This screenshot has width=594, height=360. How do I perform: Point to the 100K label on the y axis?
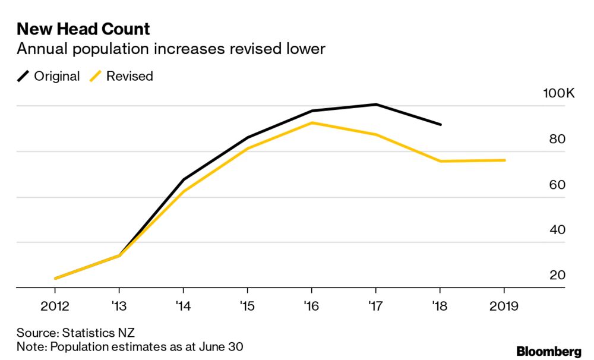click(x=559, y=94)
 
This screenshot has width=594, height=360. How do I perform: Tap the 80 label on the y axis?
click(x=557, y=140)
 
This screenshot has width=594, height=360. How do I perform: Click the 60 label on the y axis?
click(x=557, y=185)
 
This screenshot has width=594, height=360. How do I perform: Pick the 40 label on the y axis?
click(x=557, y=230)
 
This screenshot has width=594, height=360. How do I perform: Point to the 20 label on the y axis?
click(x=557, y=275)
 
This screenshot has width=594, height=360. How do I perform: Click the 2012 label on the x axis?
click(x=55, y=307)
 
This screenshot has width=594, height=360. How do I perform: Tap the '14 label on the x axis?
click(x=183, y=307)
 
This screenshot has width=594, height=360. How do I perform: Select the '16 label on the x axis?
click(x=311, y=307)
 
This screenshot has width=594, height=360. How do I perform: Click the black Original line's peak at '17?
click(x=375, y=105)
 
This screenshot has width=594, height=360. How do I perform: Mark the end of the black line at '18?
click(x=440, y=125)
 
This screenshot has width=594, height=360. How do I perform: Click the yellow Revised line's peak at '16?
click(x=312, y=123)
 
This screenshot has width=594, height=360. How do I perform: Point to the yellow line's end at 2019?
click(x=504, y=160)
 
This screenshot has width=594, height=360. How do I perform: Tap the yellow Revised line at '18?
click(x=440, y=161)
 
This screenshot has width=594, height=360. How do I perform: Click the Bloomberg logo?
click(x=549, y=352)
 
